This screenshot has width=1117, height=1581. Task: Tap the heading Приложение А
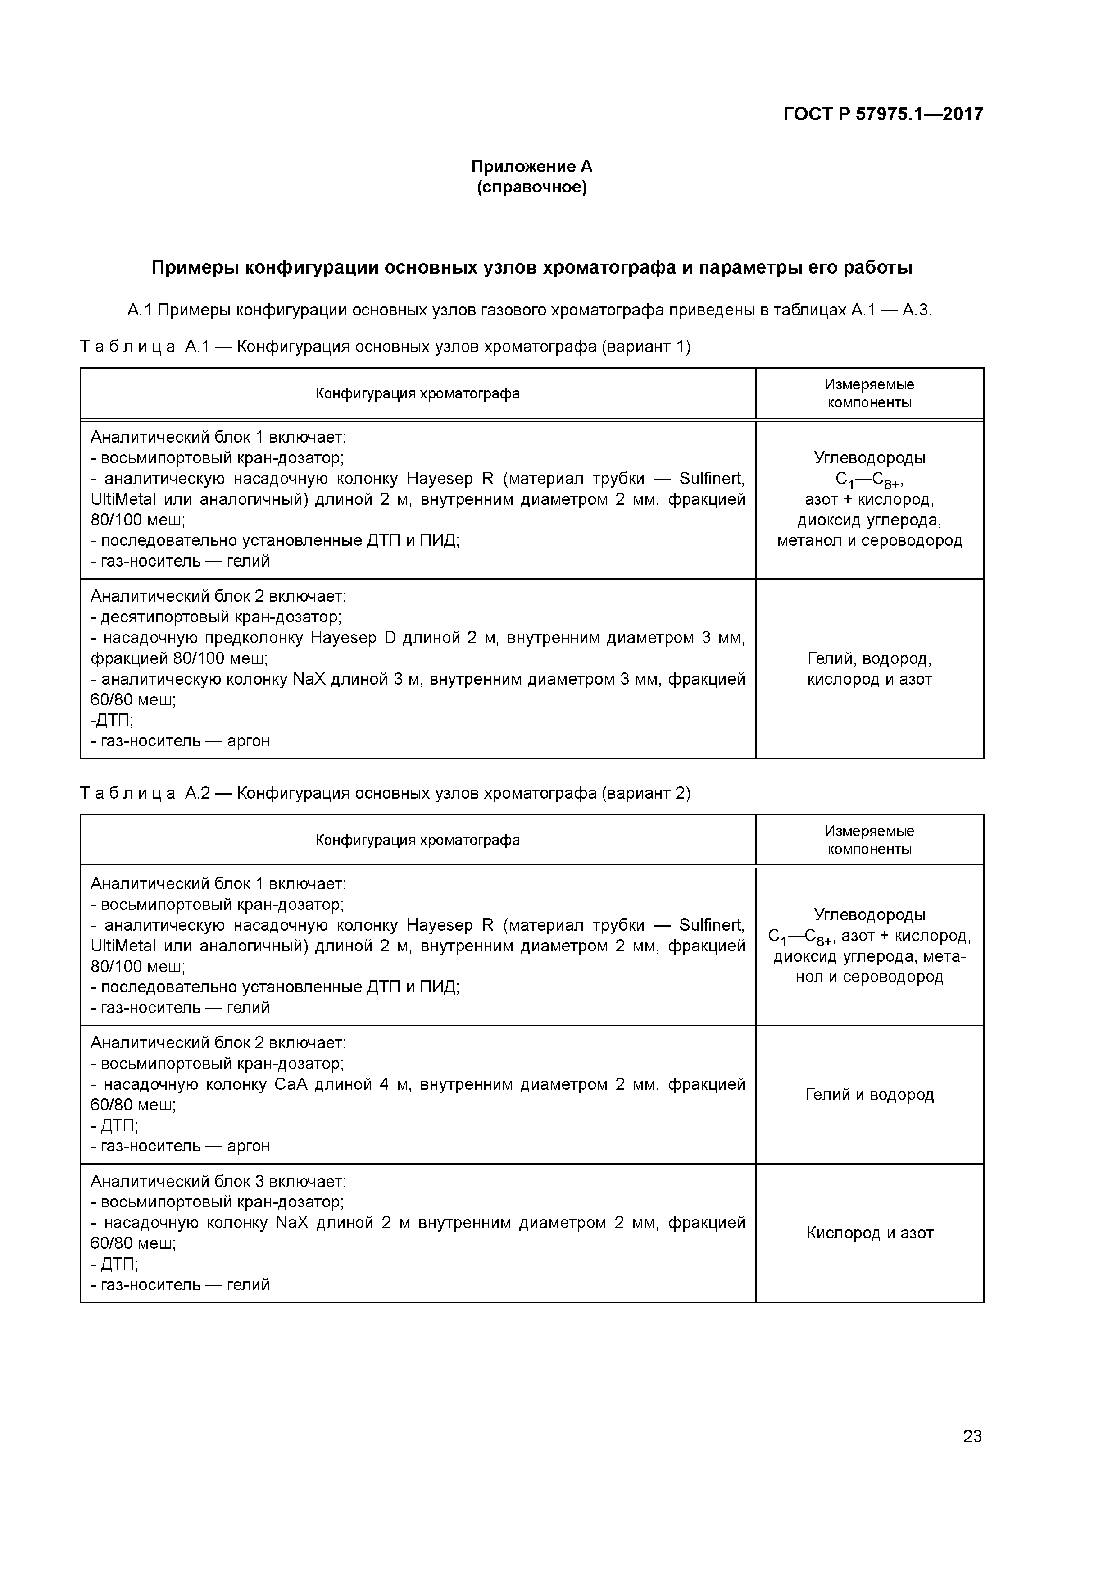click(x=531, y=167)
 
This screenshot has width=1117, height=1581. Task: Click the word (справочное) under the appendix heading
click(x=531, y=187)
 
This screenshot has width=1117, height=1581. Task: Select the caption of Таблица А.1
click(x=386, y=347)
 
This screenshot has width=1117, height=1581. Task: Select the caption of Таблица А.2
click(x=386, y=793)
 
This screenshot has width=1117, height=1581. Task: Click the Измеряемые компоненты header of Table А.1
click(x=869, y=393)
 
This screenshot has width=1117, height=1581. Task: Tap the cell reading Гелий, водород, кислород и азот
click(x=869, y=669)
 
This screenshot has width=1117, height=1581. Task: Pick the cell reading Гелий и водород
click(x=869, y=1094)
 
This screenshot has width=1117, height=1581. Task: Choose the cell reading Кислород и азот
click(x=869, y=1233)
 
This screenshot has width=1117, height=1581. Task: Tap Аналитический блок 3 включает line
click(x=218, y=1182)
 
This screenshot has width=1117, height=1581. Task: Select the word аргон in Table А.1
click(x=249, y=741)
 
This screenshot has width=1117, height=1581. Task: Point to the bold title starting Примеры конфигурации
click(x=531, y=268)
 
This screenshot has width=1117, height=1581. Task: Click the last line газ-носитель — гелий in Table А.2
click(x=180, y=1284)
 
